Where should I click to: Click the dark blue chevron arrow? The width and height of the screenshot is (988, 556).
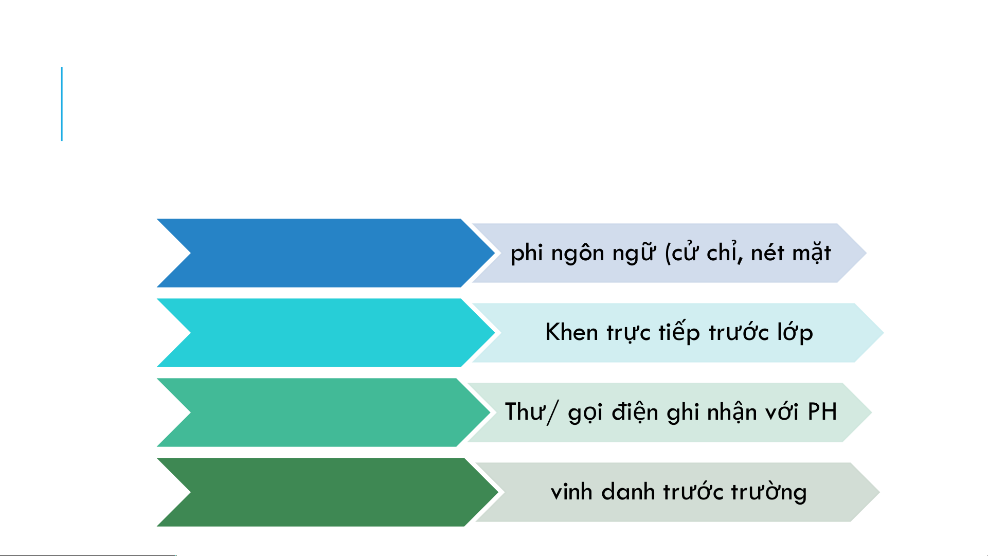click(x=326, y=253)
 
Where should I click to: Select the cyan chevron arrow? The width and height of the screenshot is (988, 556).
click(x=326, y=333)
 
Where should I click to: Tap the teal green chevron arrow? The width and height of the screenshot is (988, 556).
click(x=324, y=412)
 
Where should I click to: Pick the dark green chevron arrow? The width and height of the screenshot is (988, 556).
click(x=328, y=492)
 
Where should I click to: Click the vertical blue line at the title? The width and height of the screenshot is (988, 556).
click(x=62, y=104)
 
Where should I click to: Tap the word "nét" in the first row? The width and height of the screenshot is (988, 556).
click(x=767, y=253)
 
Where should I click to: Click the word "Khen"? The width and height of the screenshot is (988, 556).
click(x=572, y=332)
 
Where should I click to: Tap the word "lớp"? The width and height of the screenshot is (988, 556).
click(x=795, y=332)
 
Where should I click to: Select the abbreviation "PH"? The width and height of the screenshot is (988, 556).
click(x=822, y=412)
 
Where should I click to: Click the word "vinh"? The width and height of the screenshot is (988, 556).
click(x=571, y=492)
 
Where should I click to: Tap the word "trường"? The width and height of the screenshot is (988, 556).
click(x=769, y=492)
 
